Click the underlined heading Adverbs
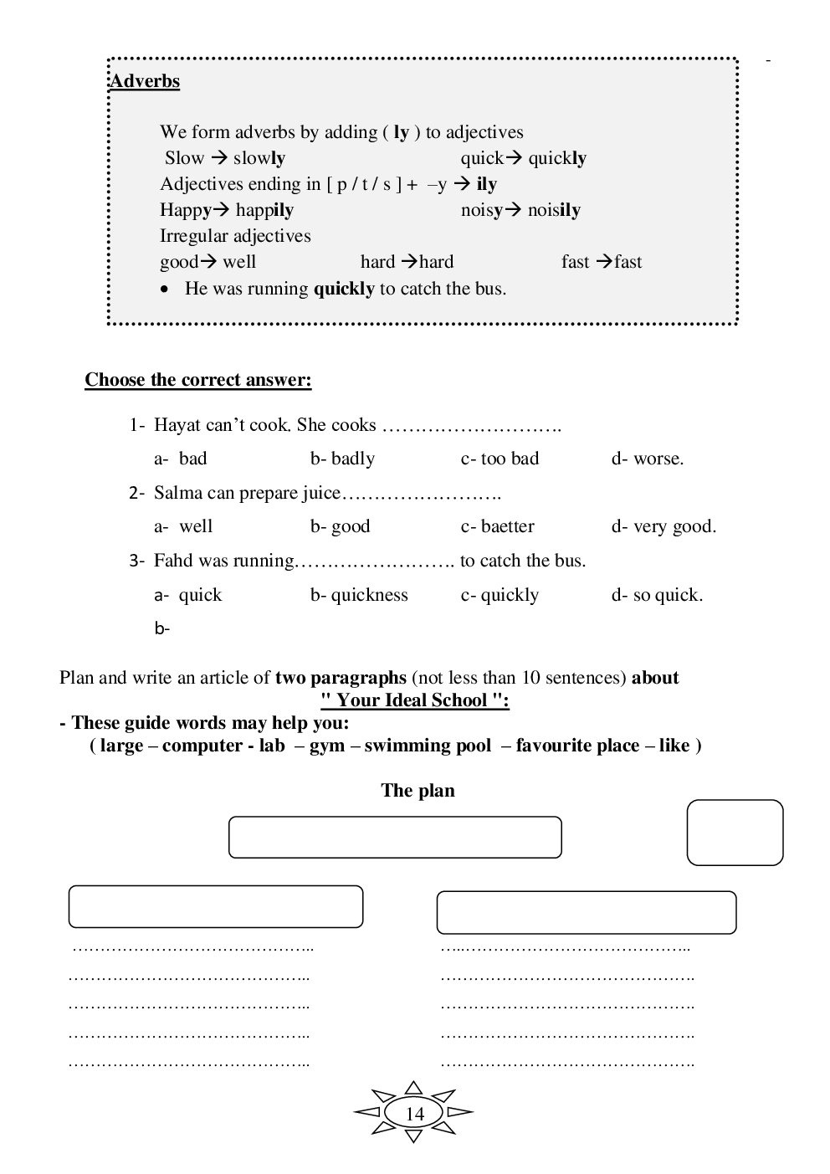point(145,81)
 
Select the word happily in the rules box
point(264,210)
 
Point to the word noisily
point(554,210)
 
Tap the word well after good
point(239,262)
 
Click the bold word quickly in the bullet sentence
point(344,289)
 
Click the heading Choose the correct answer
point(198,380)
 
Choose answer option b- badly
point(343,459)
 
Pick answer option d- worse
point(648,459)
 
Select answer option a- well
point(184,526)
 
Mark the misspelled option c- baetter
point(498,526)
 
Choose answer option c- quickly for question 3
point(500,595)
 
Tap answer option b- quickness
point(360,595)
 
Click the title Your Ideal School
point(415,700)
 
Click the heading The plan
point(418,791)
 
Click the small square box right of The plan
point(735,833)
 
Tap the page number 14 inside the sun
point(415,1114)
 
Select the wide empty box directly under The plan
point(395,838)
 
